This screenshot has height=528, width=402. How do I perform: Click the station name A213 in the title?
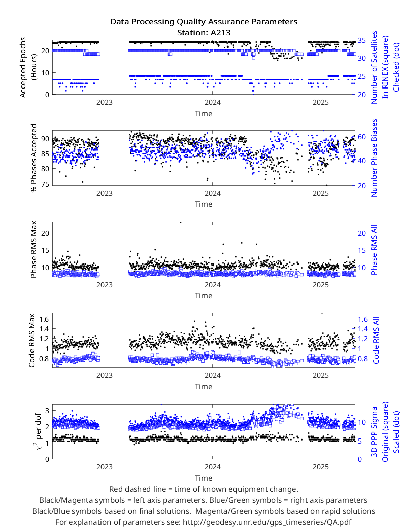click(x=220, y=33)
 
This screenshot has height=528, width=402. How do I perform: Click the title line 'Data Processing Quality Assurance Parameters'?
click(x=204, y=22)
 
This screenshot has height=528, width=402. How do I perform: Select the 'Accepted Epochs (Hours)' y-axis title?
click(x=28, y=67)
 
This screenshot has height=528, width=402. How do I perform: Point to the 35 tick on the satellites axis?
click(x=362, y=40)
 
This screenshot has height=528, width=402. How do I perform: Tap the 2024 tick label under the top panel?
click(x=212, y=102)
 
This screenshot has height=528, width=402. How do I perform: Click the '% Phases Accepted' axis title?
click(x=33, y=158)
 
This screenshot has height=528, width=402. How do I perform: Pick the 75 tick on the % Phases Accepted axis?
click(x=45, y=184)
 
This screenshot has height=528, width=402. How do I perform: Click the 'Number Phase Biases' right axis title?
click(x=374, y=158)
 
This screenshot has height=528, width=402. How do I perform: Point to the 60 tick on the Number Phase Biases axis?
click(x=362, y=137)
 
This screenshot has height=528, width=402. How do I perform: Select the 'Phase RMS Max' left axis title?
click(x=33, y=249)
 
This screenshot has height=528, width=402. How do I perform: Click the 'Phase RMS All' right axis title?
click(x=374, y=249)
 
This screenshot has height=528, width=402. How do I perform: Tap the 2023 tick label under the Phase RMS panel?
click(x=105, y=285)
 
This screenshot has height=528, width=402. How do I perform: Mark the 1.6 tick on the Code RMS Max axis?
click(x=44, y=319)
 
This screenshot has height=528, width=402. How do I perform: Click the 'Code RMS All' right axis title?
click(x=376, y=340)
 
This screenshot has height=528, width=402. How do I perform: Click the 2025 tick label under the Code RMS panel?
click(x=320, y=375)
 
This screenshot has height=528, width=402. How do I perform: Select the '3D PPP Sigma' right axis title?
click(x=374, y=431)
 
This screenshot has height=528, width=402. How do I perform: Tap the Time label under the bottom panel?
click(x=204, y=478)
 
